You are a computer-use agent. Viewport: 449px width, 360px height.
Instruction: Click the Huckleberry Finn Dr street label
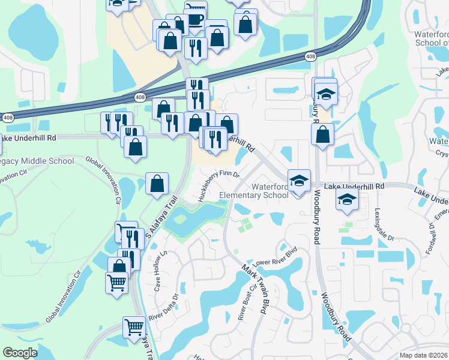click(x=218, y=185)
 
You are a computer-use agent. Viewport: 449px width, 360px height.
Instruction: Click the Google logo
click(x=19, y=353)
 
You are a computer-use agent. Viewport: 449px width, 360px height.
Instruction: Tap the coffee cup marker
click(x=196, y=17)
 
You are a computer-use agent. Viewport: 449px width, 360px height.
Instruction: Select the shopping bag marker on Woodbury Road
click(x=323, y=135)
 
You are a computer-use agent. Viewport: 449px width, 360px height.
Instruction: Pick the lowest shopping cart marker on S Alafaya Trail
click(x=134, y=327)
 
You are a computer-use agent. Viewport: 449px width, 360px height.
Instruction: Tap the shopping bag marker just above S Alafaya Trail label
click(x=157, y=184)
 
